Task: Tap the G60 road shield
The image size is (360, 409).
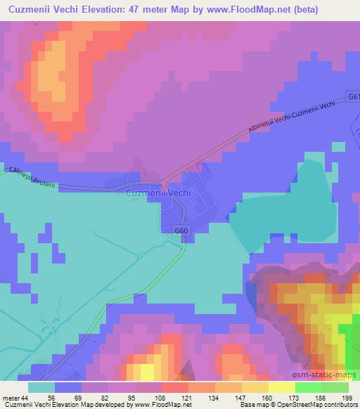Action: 182,230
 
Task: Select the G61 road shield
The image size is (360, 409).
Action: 353,96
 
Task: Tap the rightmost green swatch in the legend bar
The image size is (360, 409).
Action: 335,387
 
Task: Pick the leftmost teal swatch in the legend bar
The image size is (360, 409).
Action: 41,387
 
